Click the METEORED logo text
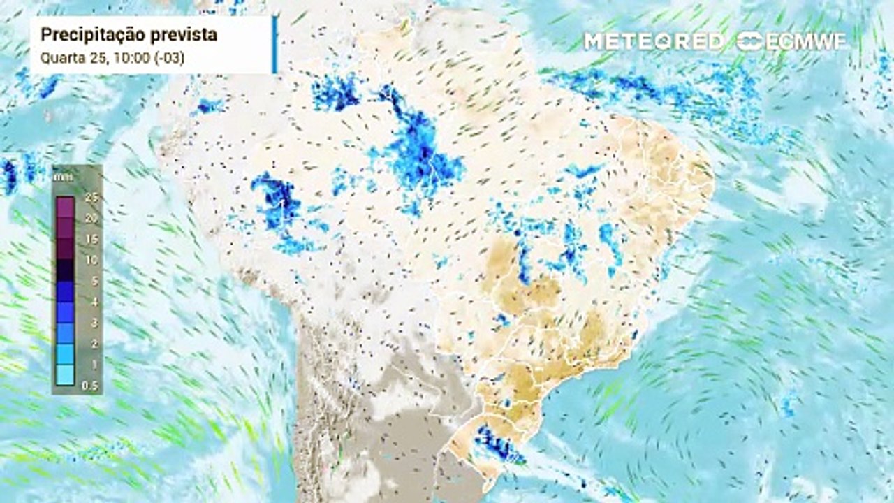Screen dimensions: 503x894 (654, 41)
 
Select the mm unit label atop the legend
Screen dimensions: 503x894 (59, 177)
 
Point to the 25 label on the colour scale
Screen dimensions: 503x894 (89, 197)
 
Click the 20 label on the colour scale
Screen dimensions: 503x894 (89, 218)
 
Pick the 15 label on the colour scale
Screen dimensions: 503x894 (89, 239)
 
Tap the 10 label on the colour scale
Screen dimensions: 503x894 (89, 260)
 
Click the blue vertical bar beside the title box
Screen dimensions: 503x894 (274, 44)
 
